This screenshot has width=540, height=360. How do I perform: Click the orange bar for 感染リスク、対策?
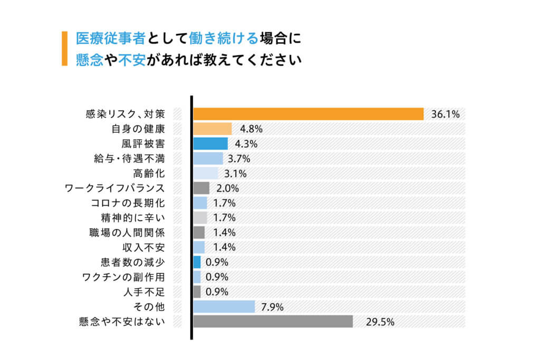pos(308,114)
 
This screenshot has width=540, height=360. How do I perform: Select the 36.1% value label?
pos(445,114)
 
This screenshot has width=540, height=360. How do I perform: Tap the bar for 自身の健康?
pos(213,129)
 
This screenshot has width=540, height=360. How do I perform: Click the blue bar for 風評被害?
pos(210,143)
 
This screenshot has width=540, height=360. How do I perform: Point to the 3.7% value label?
pos(238,158)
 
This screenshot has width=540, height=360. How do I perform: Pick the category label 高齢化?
pos(150,173)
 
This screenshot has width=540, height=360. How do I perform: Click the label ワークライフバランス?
pos(114,188)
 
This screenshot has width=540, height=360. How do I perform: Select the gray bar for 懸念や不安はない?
pos(273,322)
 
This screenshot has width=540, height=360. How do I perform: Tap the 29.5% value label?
pos(380,322)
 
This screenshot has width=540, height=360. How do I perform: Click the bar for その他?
pos(224,307)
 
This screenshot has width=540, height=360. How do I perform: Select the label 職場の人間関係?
pos(127,232)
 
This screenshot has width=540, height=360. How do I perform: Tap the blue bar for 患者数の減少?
pos(197,262)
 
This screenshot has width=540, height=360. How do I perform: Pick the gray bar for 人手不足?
pos(197,291)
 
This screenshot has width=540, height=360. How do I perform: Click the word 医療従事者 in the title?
pos(111,38)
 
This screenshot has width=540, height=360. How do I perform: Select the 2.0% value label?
pos(228,188)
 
